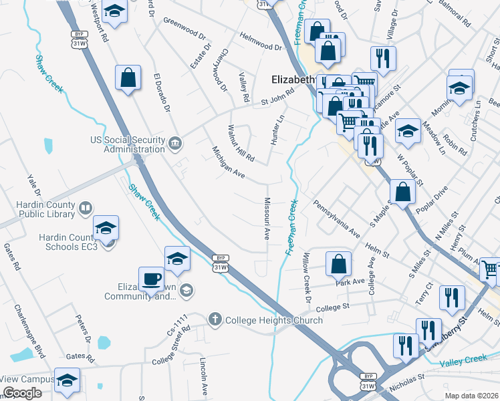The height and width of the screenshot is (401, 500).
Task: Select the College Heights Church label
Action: tap(274, 320)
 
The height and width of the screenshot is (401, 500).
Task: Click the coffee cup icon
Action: tap(151, 278)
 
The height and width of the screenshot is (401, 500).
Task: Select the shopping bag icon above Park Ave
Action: tap(339, 264)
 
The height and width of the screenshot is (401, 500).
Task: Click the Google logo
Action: tap(22, 393)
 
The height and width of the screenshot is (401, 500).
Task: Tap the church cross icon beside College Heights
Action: tap(215, 320)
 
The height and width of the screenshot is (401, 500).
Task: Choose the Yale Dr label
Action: tap(34, 190)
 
